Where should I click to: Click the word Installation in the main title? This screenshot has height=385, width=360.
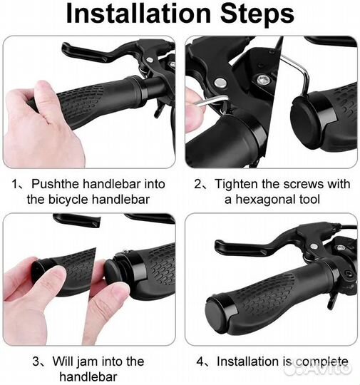pyautogui.click(x=138, y=14)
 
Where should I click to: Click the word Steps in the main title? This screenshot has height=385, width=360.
pyautogui.click(x=257, y=14)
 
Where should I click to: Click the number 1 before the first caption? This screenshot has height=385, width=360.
pyautogui.click(x=15, y=184)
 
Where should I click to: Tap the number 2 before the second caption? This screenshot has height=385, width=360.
pyautogui.click(x=197, y=184)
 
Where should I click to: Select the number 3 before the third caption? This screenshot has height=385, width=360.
pyautogui.click(x=36, y=361)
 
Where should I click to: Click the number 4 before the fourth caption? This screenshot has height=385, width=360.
pyautogui.click(x=200, y=361)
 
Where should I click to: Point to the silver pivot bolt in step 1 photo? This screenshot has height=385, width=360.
pyautogui.click(x=149, y=60)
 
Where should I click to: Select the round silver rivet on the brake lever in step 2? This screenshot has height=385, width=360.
pyautogui.click(x=220, y=83)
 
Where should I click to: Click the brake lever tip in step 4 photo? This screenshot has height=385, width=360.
pyautogui.click(x=218, y=246)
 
